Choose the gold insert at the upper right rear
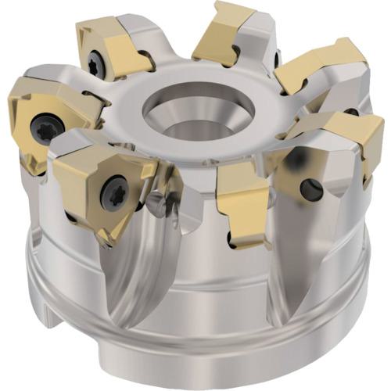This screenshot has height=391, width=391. pos(321,66)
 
